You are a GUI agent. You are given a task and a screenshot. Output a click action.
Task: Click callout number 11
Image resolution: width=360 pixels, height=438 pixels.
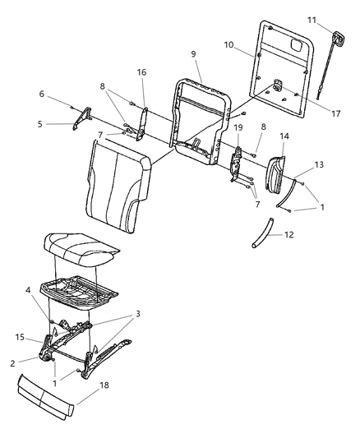coord(335,18)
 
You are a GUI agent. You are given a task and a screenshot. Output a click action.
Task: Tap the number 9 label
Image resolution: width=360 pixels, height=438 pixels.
coord(194,53)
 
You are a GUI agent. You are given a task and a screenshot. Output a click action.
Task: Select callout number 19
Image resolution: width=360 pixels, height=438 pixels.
coord(238,127)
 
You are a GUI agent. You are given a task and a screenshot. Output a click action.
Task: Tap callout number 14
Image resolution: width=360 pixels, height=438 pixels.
coord(285,136)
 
